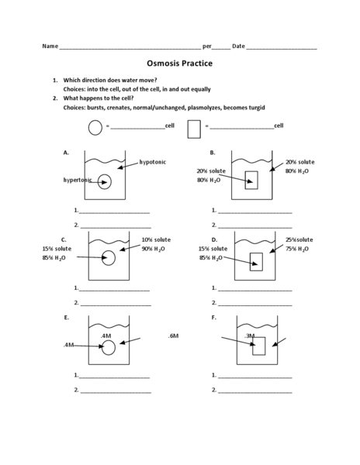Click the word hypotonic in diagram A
[x=153, y=162]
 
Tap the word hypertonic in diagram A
[x=78, y=180]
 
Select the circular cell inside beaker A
[x=105, y=182]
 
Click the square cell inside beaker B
[x=251, y=180]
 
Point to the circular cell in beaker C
[x=109, y=258]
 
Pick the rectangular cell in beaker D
[x=256, y=262]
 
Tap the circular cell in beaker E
[x=109, y=347]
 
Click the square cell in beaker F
[x=259, y=346]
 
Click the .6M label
[x=173, y=336]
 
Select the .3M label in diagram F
[x=250, y=336]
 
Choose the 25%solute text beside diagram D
[x=299, y=239]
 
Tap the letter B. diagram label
[x=212, y=153]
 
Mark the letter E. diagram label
[x=67, y=318]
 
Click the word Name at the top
[x=50, y=46]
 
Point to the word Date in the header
[x=238, y=46]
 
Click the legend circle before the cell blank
[x=95, y=126]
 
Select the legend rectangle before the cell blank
[x=194, y=126]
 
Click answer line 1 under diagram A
[x=114, y=211]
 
